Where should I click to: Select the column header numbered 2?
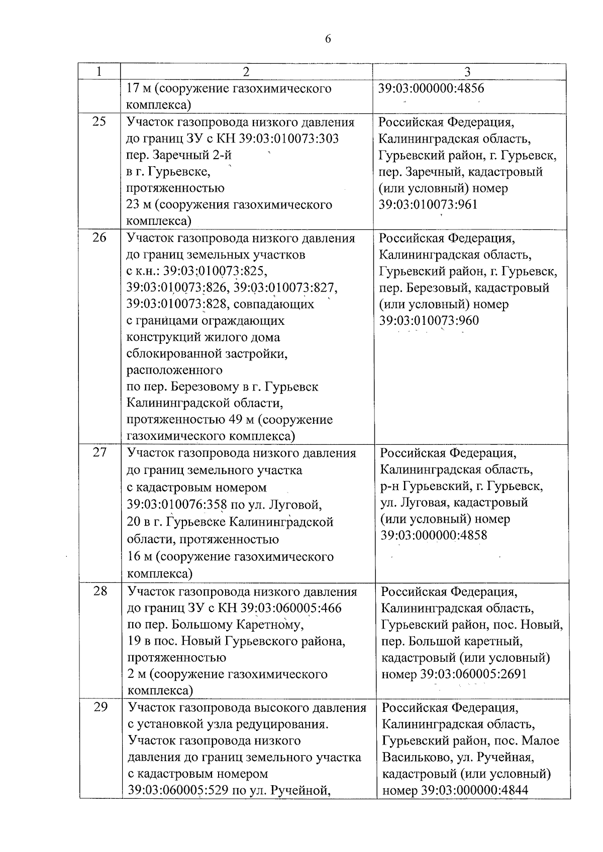click(x=246, y=72)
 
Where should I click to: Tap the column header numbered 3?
click(x=468, y=72)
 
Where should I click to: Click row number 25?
click(x=99, y=122)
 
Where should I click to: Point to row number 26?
click(x=99, y=238)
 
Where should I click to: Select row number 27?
click(x=100, y=453)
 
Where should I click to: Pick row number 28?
click(x=100, y=591)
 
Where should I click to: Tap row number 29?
click(x=100, y=707)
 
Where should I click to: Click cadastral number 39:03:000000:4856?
click(x=431, y=88)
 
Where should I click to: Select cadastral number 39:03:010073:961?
click(x=428, y=205)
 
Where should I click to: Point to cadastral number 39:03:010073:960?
click(x=429, y=320)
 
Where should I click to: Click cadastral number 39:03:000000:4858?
click(x=434, y=535)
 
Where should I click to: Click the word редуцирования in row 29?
click(x=282, y=724)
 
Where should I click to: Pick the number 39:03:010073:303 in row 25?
click(x=290, y=138)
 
